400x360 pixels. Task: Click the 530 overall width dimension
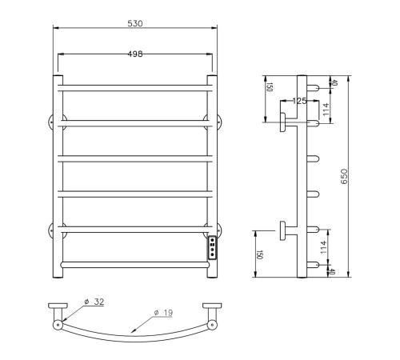[134, 24]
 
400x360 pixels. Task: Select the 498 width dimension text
[134, 54]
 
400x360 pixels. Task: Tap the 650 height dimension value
[345, 178]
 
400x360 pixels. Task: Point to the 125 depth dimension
[300, 102]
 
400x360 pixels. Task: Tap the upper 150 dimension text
[269, 88]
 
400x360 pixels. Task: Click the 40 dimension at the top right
[336, 81]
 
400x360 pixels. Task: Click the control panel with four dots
[212, 247]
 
